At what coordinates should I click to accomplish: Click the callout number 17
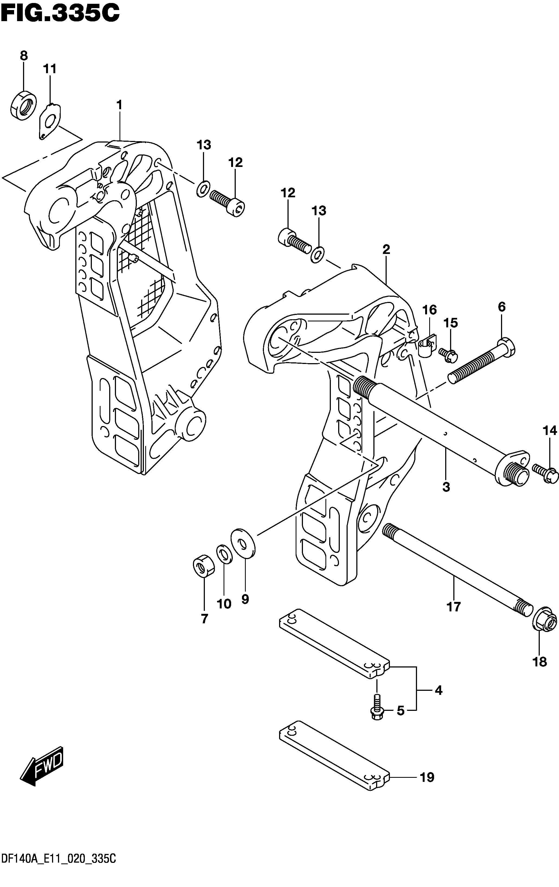coord(454,606)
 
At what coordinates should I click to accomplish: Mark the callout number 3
coord(446,487)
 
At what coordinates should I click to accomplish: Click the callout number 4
coord(438,690)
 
